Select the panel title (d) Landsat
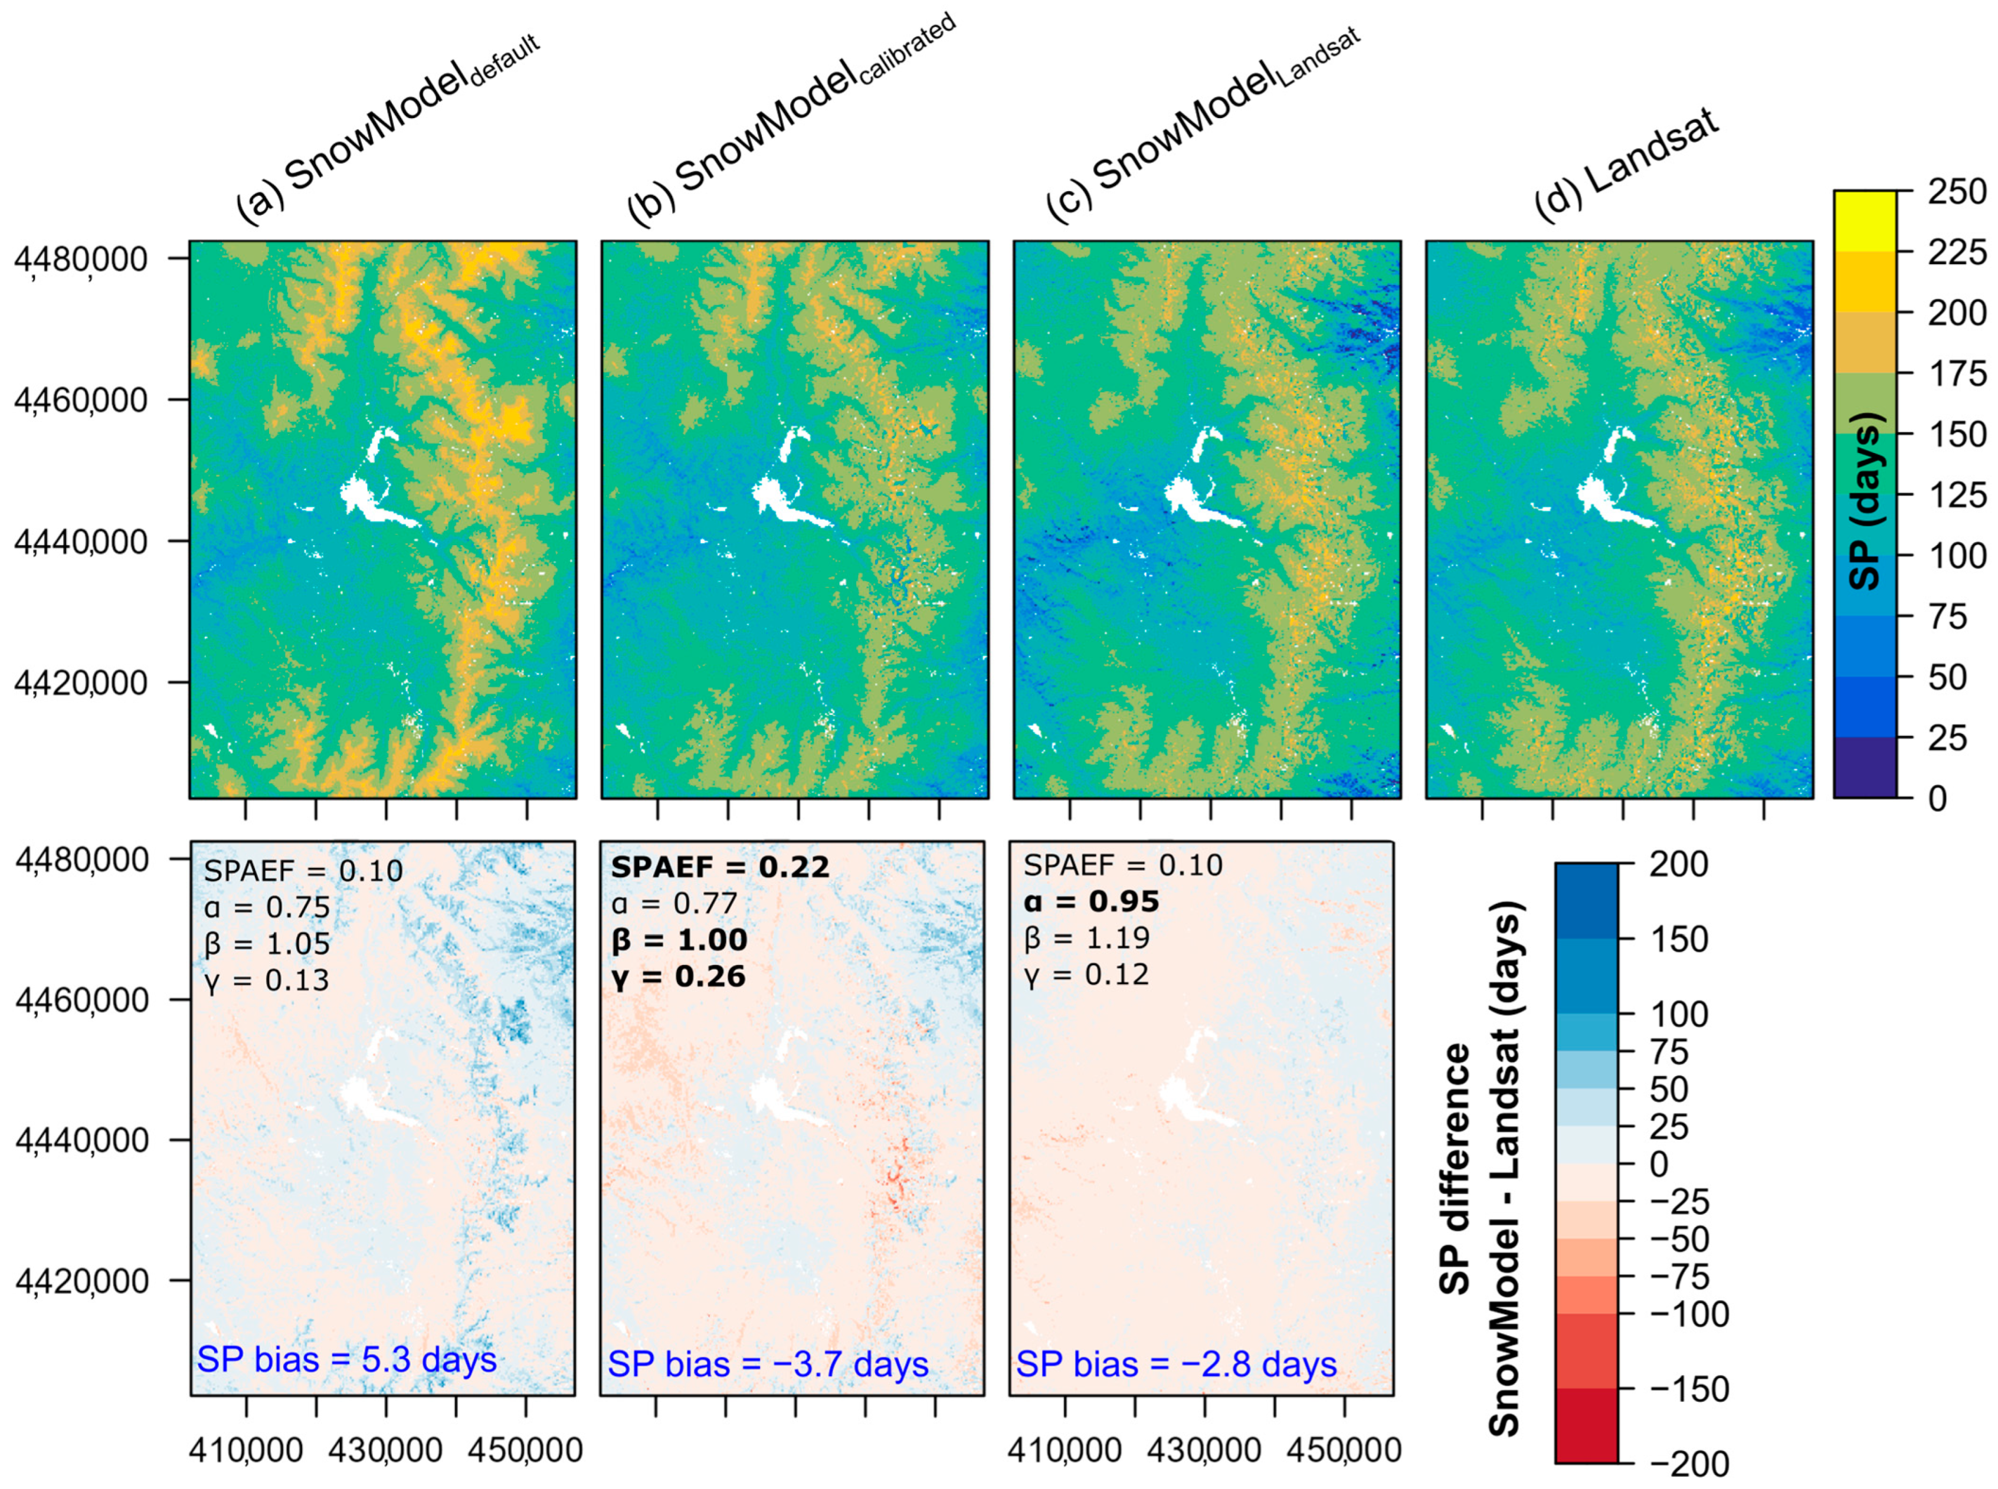(1627, 167)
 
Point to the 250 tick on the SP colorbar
(1957, 192)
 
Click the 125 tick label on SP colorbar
(1957, 495)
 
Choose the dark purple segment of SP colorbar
(1865, 767)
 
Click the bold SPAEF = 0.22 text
(719, 867)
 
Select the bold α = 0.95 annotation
(1091, 901)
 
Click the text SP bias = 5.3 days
(346, 1359)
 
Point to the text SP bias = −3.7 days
(767, 1365)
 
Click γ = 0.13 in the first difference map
(266, 980)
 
